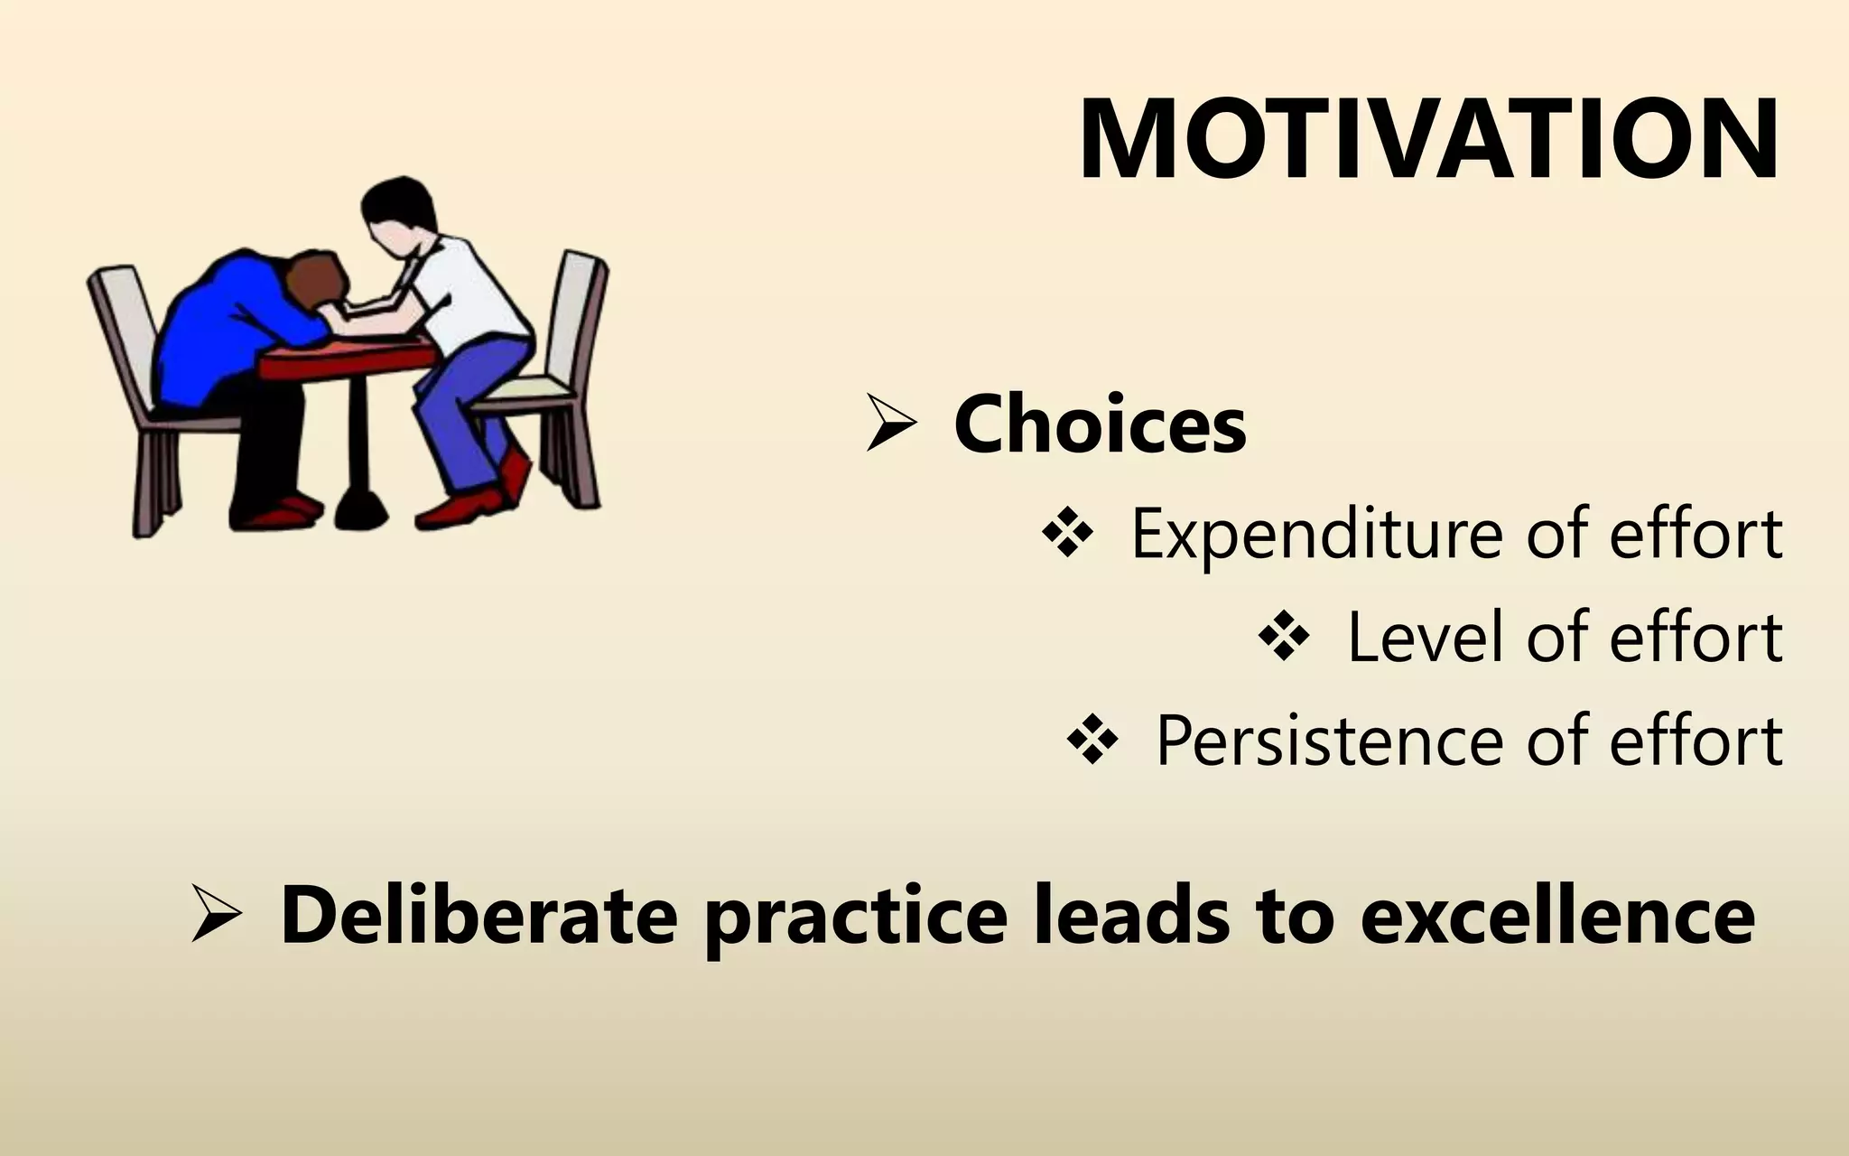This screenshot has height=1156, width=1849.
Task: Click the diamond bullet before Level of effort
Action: click(1283, 637)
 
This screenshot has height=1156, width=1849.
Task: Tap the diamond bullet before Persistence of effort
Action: click(1092, 741)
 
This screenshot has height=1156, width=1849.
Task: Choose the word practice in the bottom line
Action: click(855, 916)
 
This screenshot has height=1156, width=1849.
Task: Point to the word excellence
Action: click(1557, 916)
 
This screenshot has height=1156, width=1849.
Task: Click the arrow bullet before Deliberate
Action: click(216, 915)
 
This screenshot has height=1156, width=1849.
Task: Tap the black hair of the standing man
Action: click(397, 203)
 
